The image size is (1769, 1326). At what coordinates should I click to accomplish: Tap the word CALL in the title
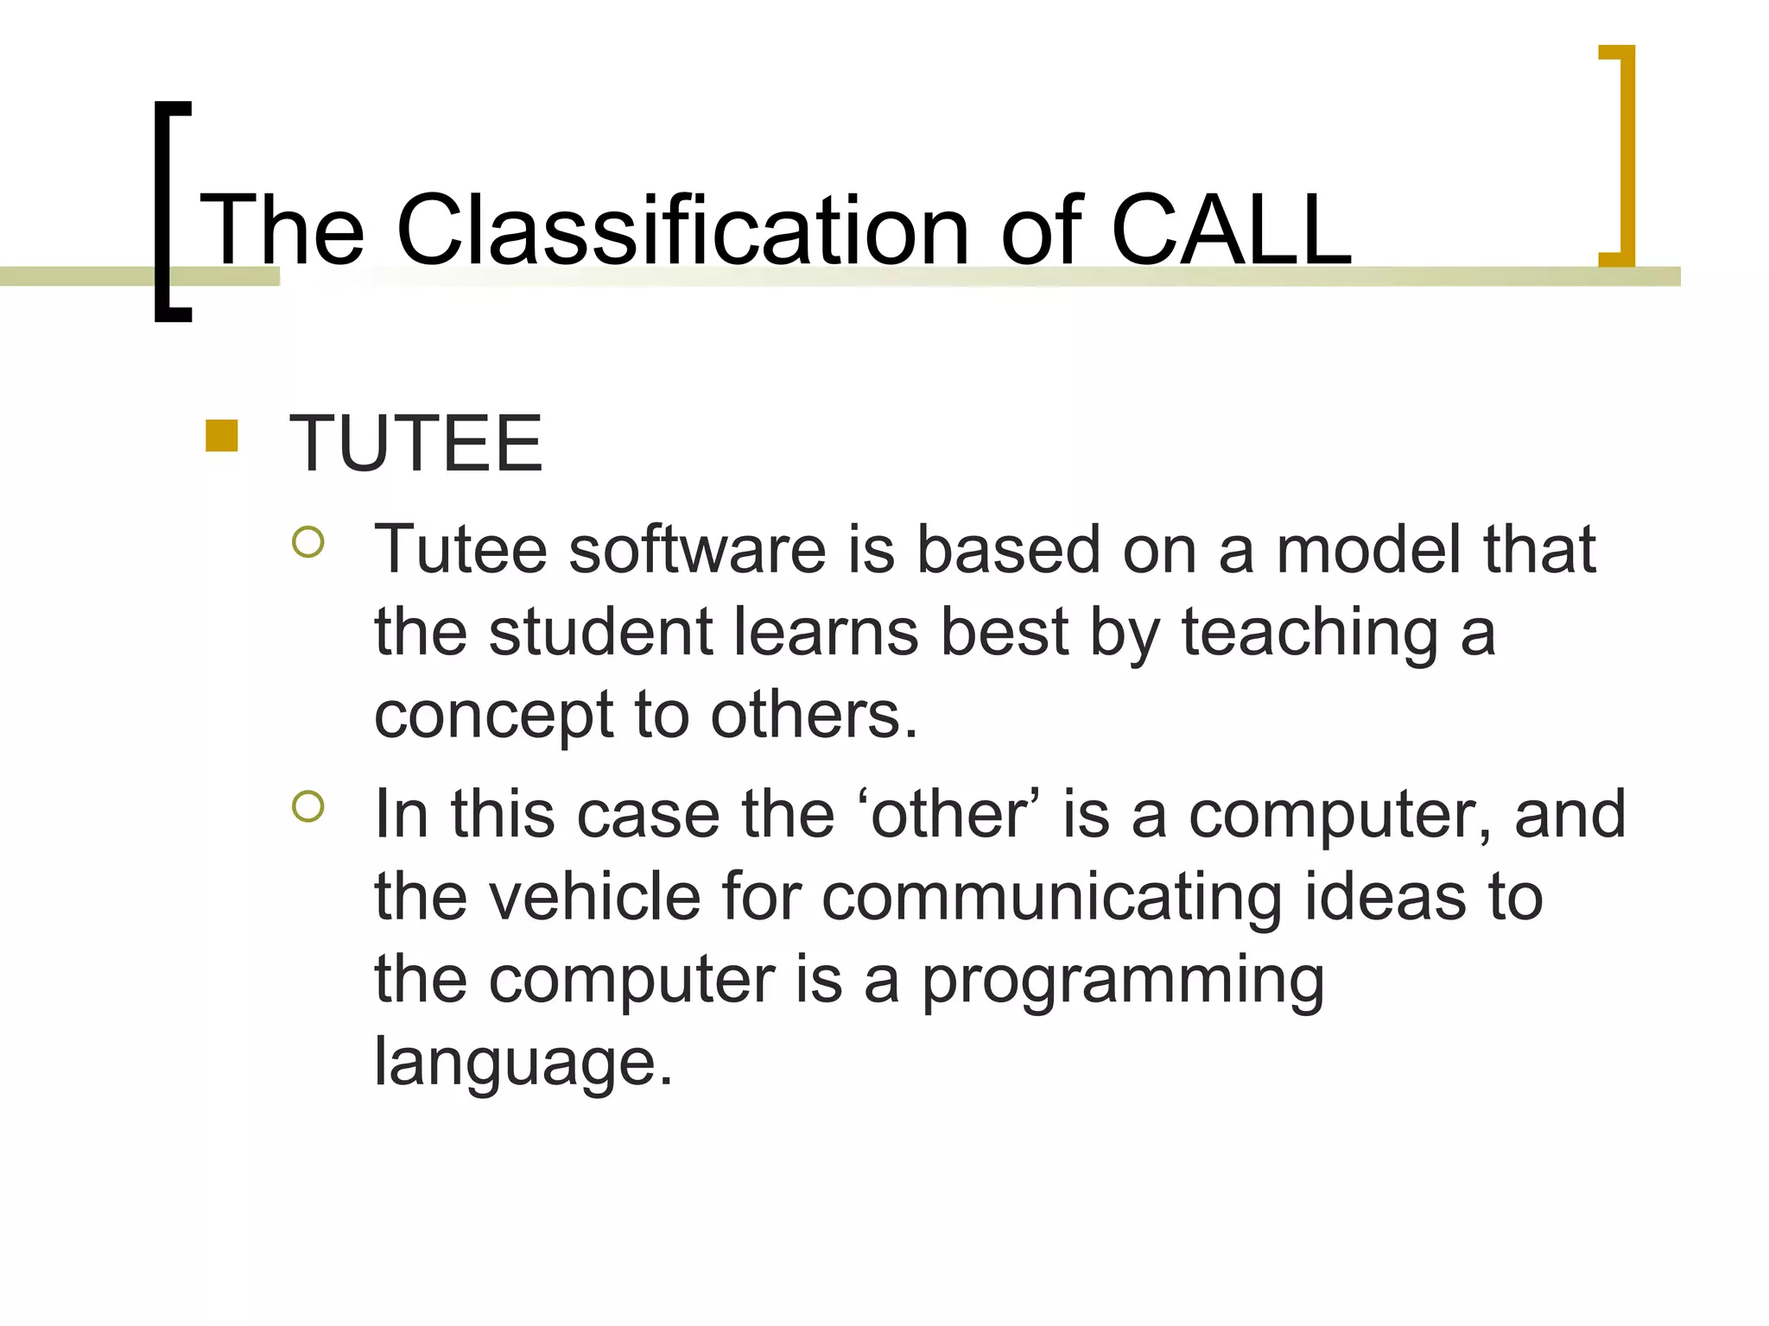1230,230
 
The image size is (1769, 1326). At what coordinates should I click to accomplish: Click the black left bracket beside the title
163,212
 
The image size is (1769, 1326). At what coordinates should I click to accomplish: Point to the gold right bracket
1626,155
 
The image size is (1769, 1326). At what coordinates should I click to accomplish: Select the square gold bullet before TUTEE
222,436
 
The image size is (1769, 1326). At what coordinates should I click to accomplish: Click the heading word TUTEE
415,444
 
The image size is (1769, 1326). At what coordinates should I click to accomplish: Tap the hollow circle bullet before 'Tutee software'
308,542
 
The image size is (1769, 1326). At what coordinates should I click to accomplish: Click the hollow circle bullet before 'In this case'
308,807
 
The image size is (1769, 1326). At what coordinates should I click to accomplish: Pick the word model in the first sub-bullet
1368,550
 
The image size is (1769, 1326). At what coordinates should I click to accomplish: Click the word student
600,632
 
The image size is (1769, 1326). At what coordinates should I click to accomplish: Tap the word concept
493,717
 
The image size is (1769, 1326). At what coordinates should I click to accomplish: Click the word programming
1122,982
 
